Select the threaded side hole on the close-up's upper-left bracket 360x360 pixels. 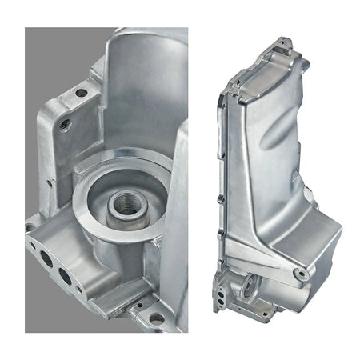pos(65,124)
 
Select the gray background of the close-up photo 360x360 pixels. pos(48,64)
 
